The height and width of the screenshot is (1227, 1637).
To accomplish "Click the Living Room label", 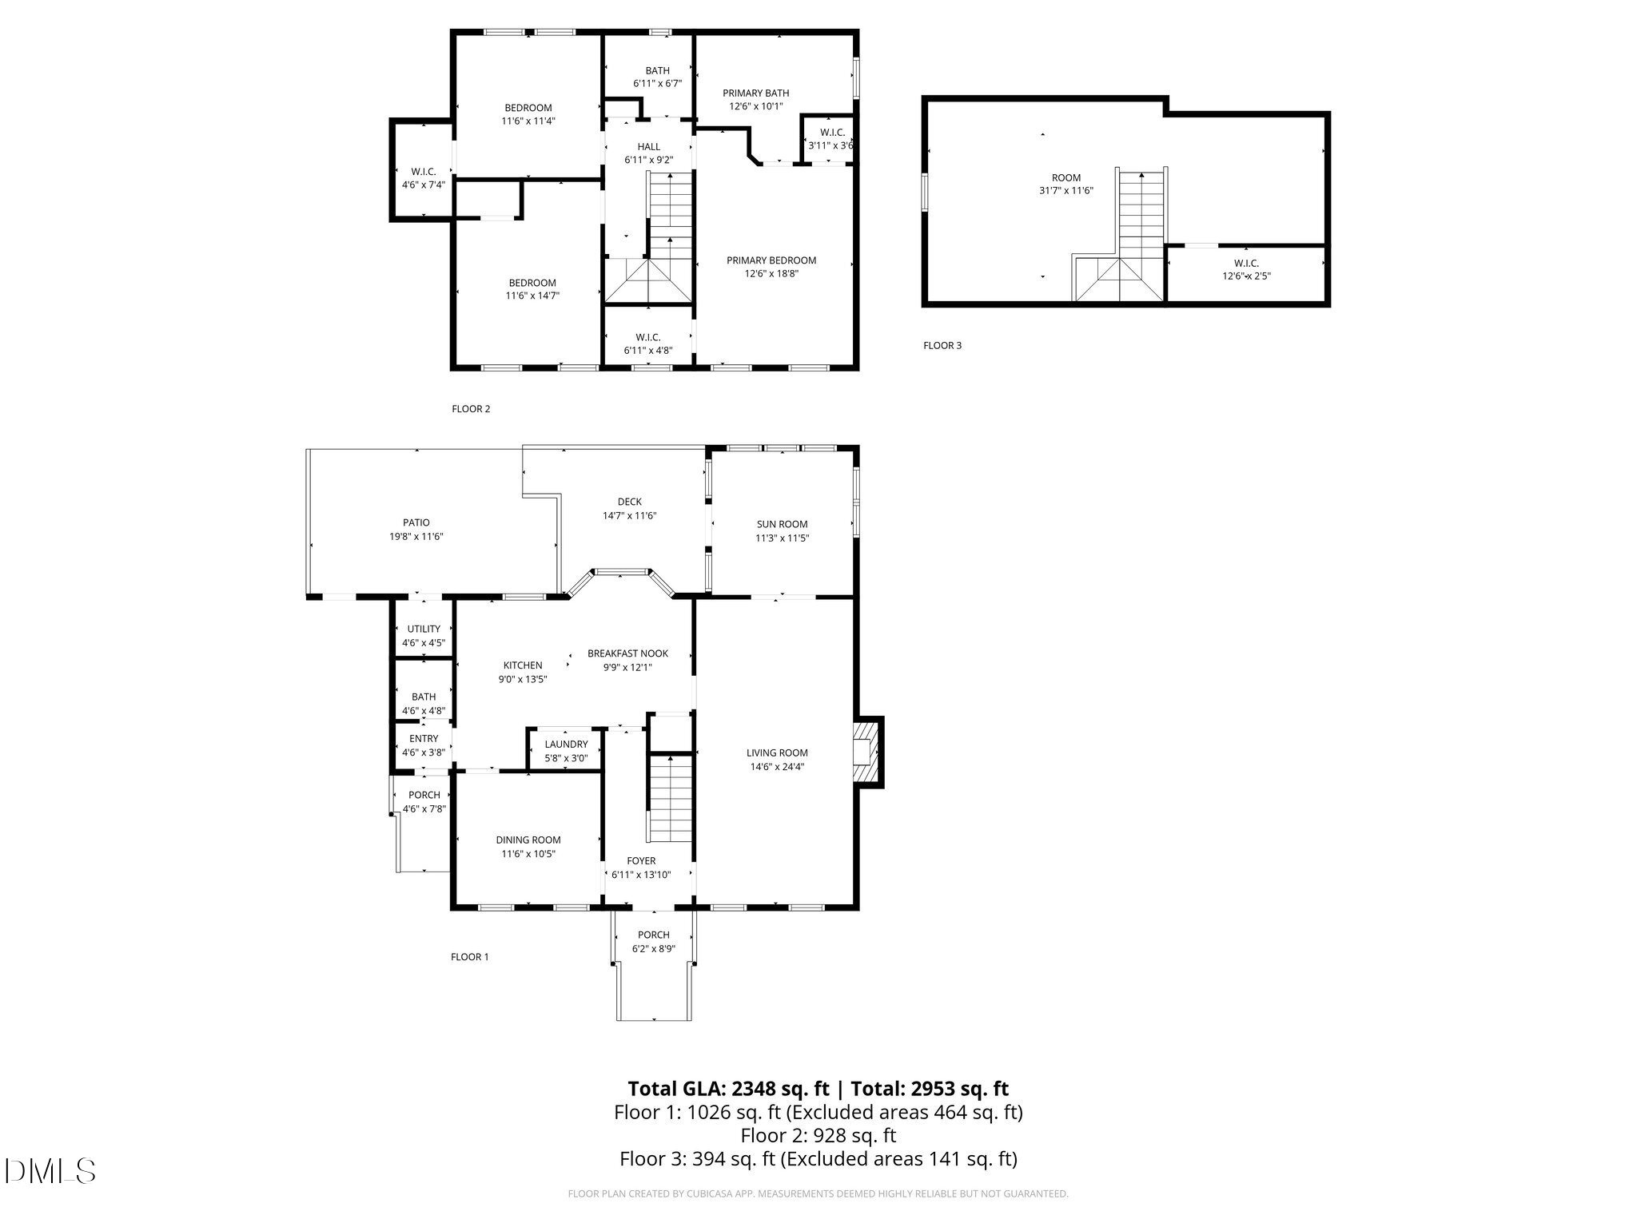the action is pyautogui.click(x=777, y=752).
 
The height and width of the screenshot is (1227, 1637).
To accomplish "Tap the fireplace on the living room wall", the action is pyautogui.click(x=866, y=752).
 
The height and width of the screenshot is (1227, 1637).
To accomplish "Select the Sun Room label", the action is pyautogui.click(x=782, y=524).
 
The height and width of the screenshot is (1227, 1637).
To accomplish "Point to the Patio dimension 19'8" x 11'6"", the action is pyautogui.click(x=416, y=537).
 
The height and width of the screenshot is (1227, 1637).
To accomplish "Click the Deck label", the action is pyautogui.click(x=630, y=502).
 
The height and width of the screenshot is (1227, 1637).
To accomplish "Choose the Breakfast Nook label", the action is pyautogui.click(x=627, y=653).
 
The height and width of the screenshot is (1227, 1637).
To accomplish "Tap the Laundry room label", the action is pyautogui.click(x=566, y=745).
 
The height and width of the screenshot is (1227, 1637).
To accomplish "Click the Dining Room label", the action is pyautogui.click(x=528, y=840).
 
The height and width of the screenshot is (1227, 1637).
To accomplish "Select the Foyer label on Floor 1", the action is pyautogui.click(x=641, y=860).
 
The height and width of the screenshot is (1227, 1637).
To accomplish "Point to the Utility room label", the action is pyautogui.click(x=424, y=629).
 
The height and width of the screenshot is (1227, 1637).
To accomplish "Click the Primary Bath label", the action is pyautogui.click(x=755, y=93).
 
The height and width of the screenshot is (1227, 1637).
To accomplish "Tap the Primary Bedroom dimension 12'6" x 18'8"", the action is pyautogui.click(x=771, y=273).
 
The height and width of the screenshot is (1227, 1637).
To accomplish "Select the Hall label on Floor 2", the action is pyautogui.click(x=649, y=146).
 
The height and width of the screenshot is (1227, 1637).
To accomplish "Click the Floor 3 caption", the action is pyautogui.click(x=942, y=345).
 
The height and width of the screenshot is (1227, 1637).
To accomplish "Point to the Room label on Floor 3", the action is pyautogui.click(x=1066, y=177).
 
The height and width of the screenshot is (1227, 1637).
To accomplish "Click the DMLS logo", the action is pyautogui.click(x=50, y=1171).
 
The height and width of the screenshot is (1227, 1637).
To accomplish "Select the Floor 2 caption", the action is pyautogui.click(x=471, y=409).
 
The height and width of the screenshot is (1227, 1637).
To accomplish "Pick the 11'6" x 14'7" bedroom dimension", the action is pyautogui.click(x=532, y=296).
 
